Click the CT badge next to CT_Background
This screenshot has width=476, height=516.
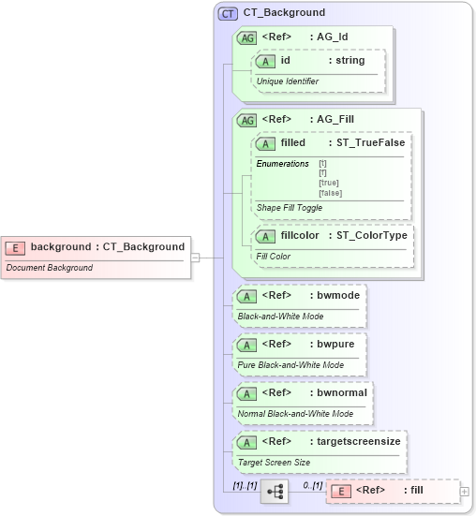[x=228, y=13]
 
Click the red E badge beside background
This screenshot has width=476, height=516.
[x=15, y=247]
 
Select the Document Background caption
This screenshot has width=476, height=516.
[x=49, y=268]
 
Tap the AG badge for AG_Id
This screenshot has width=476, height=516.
[x=247, y=37]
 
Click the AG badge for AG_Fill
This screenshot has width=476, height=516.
[x=247, y=120]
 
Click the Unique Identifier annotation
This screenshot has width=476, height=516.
[x=288, y=81]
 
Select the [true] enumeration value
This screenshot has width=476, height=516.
[x=329, y=183]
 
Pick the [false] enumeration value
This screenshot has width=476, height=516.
[x=330, y=193]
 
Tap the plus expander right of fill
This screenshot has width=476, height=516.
[x=465, y=491]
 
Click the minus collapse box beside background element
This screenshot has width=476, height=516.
[x=196, y=257]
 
